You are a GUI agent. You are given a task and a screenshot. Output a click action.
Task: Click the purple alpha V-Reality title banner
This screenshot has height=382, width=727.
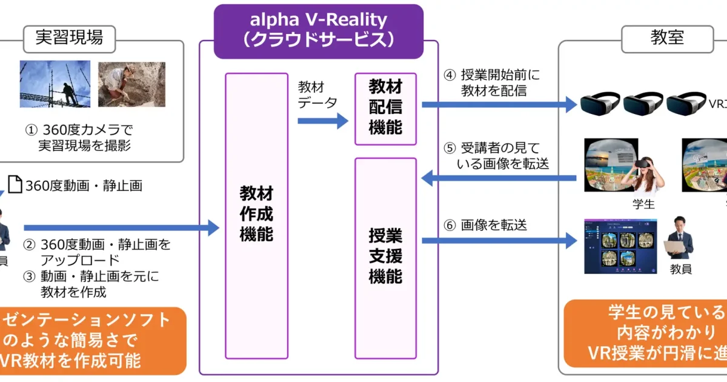[318, 30]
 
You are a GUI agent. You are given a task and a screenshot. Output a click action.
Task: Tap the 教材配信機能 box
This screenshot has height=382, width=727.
[385, 109]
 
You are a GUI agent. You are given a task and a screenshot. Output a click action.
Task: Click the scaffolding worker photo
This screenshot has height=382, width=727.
[55, 84]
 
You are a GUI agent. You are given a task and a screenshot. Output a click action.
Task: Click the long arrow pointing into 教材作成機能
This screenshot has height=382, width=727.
[121, 228]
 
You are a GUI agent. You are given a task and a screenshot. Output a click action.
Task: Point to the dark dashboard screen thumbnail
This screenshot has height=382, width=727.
[619, 246]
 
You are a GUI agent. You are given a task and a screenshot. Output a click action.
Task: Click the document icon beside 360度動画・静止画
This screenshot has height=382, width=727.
[15, 185]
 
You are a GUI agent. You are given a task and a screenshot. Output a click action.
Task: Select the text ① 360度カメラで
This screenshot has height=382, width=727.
[79, 130]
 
